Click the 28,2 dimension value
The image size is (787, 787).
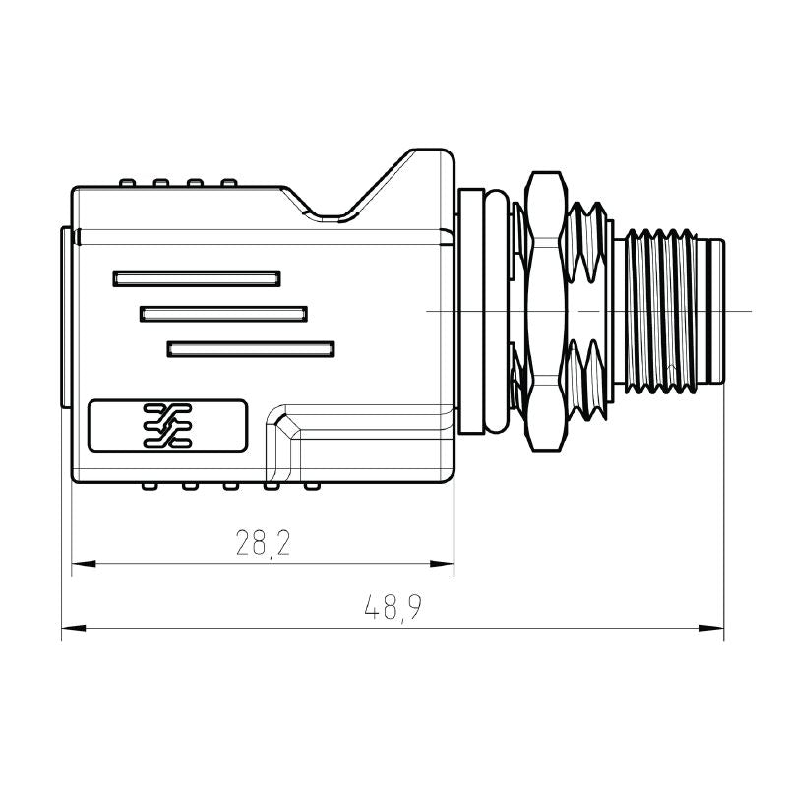[x=263, y=542]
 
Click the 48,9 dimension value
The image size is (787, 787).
[x=393, y=608]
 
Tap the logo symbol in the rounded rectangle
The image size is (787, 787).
[x=166, y=425]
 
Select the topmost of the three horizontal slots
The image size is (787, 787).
[x=196, y=278]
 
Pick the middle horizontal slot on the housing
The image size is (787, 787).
[x=223, y=314]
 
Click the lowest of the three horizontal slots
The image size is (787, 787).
[x=251, y=348]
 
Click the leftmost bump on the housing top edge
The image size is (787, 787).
[x=127, y=183]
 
